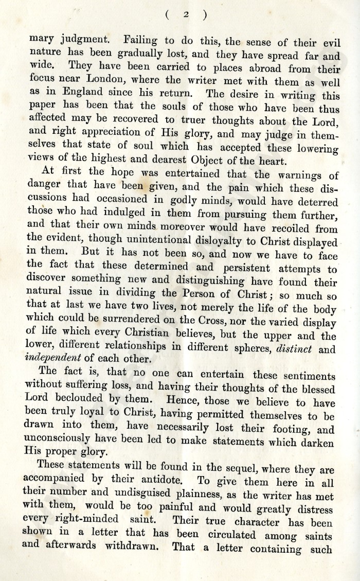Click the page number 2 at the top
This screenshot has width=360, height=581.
(x=186, y=15)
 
